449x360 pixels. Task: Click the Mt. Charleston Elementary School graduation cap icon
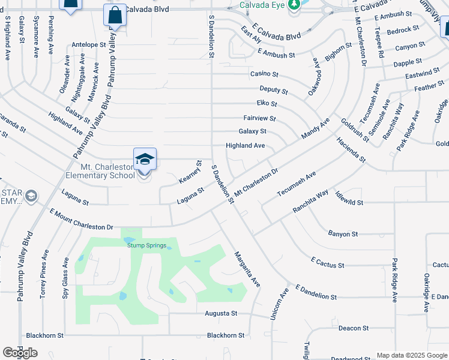point(145,160)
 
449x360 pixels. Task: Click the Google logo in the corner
point(20,353)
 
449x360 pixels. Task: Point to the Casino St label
point(265,74)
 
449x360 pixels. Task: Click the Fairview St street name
point(259,119)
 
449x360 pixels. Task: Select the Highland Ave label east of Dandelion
point(245,146)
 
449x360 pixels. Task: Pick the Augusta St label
point(221,313)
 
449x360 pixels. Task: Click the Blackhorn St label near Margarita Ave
point(225,335)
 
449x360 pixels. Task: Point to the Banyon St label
point(343,233)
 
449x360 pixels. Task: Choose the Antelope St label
point(88,44)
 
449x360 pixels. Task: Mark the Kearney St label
point(191,172)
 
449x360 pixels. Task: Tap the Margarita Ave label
point(247,268)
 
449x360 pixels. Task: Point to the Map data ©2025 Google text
point(412,355)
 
